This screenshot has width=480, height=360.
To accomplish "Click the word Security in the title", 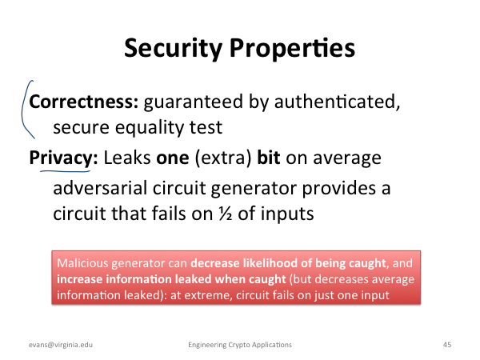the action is point(173,48).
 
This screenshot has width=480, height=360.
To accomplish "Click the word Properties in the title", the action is point(292,48).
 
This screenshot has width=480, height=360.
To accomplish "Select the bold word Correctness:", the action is point(84,102).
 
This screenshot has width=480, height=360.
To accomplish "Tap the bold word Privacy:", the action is point(63,158).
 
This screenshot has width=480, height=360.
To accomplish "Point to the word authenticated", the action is point(337,102).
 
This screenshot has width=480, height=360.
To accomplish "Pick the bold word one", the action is point(173,158).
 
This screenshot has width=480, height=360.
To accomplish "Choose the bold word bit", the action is point(269,158).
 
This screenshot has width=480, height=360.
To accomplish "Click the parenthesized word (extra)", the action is point(223,158).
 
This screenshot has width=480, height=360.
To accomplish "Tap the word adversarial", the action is point(100,188).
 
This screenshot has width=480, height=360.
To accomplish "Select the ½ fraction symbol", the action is point(226,214).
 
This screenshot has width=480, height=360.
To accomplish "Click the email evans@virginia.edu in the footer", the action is point(61,345).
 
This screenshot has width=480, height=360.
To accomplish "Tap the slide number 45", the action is point(447,345).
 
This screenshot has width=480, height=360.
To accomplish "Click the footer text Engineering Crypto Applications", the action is point(240,345).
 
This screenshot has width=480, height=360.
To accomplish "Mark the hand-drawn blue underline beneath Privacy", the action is point(65,171).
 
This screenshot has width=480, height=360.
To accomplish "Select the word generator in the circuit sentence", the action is point(254,189).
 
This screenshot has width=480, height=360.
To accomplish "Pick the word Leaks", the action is point(127,158).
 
